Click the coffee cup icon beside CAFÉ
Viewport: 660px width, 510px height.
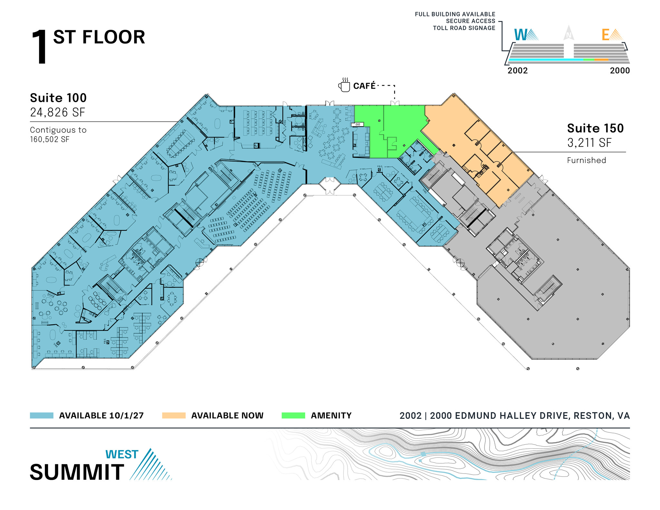tap(344, 86)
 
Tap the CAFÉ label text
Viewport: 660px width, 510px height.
tap(364, 86)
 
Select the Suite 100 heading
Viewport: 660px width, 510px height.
tap(58, 98)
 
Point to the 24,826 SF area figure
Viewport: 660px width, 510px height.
tap(58, 112)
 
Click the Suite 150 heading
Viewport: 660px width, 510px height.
tap(595, 128)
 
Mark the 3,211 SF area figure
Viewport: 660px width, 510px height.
tap(589, 143)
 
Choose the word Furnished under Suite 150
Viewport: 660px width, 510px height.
tap(586, 160)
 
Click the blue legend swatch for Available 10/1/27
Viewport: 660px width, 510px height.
tap(42, 415)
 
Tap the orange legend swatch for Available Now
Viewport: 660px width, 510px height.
tap(174, 415)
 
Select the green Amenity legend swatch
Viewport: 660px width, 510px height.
tap(293, 415)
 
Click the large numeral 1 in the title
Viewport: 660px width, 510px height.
tap(40, 47)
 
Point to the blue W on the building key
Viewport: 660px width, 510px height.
tap(520, 35)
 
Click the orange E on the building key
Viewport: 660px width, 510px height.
tap(606, 35)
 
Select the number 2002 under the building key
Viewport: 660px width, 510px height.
tap(518, 71)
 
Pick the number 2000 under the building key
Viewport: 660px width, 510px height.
tap(620, 71)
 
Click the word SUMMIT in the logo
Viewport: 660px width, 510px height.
tap(77, 472)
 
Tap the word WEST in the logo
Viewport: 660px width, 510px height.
tap(122, 454)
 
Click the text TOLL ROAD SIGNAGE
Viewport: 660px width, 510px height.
tap(464, 28)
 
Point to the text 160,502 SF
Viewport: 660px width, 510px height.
tap(50, 140)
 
